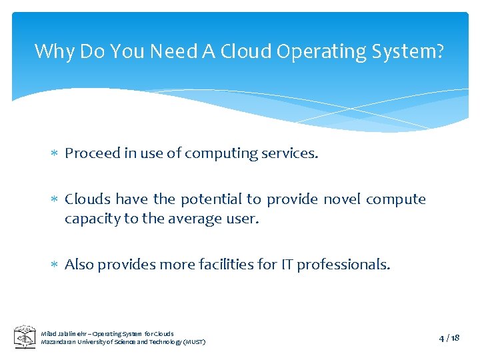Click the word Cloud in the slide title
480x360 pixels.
tap(243, 51)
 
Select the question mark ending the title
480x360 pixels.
tap(439, 51)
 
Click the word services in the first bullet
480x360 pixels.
tap(291, 153)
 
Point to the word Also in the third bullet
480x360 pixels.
tap(79, 265)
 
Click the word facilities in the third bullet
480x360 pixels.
tap(227, 265)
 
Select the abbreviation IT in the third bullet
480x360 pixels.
tap(287, 265)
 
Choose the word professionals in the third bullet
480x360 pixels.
tap(343, 265)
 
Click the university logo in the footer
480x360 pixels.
tap(25, 337)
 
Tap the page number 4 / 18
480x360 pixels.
tap(449, 338)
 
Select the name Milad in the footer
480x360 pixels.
tap(49, 333)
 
